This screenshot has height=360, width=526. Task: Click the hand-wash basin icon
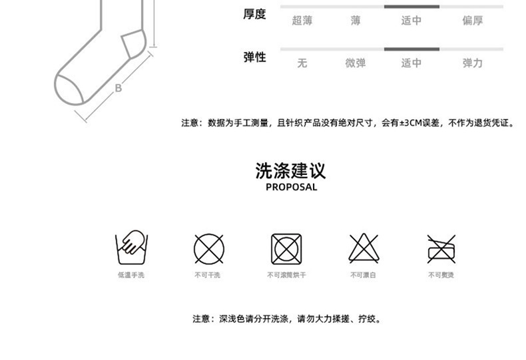point(132,248)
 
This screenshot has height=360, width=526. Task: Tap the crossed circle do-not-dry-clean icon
point(208,249)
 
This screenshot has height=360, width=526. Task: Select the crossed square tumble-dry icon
point(286,249)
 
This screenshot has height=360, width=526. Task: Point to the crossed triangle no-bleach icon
point(364,249)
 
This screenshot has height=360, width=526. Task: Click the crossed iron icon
point(441,249)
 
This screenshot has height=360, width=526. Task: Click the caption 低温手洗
point(131,275)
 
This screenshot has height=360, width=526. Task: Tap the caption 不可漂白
point(364,275)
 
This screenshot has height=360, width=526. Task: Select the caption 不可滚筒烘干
point(286,275)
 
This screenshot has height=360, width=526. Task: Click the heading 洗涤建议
point(291,170)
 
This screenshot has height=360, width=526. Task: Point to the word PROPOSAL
point(291,188)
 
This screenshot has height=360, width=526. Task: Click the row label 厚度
point(254,14)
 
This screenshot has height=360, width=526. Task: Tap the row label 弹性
point(254,57)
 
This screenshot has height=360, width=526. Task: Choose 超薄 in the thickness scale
point(302,21)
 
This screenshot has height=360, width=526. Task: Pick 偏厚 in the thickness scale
point(472,21)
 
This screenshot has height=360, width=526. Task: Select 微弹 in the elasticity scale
point(356,63)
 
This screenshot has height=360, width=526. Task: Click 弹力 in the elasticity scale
point(472,63)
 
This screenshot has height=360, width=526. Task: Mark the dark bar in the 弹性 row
point(411,49)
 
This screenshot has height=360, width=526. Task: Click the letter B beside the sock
point(119,87)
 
